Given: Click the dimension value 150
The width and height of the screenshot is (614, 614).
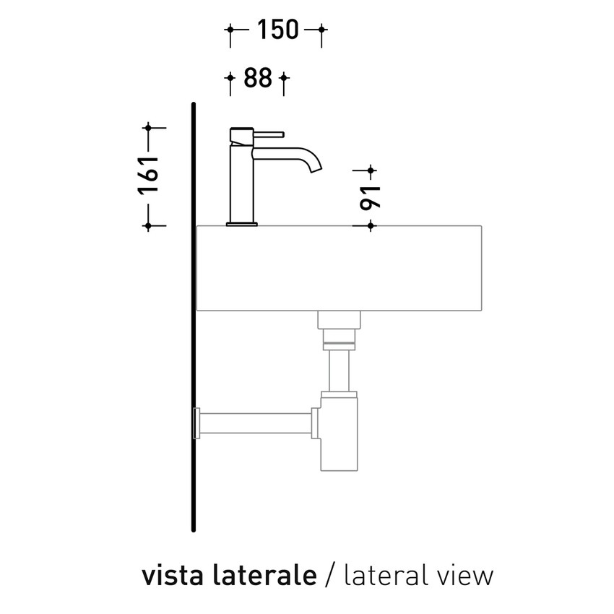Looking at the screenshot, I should [277, 30].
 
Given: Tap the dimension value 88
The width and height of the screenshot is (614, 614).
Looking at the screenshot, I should [257, 78].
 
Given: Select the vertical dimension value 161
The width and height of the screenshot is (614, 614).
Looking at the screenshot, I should [148, 176].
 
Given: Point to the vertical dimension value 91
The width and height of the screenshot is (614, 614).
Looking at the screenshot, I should [370, 197].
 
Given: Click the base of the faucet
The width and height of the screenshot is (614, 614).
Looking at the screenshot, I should [241, 224].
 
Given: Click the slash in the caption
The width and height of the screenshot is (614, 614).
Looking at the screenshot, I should [330, 576].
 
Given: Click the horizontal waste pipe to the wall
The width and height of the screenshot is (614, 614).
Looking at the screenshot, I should [256, 424].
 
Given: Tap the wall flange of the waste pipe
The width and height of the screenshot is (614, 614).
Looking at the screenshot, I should [196, 424].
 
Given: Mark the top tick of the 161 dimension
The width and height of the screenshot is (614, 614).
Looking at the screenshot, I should [148, 128].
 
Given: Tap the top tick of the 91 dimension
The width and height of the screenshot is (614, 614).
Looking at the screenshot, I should [370, 171].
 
